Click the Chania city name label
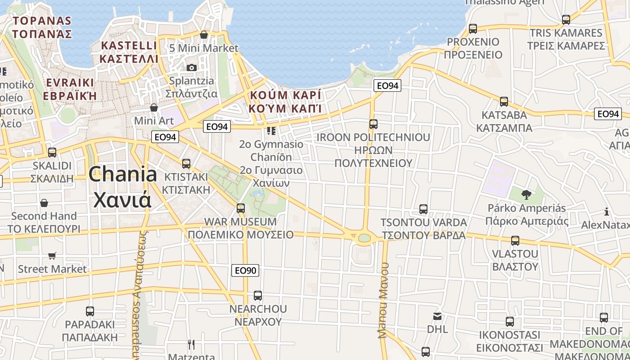pyautogui.click(x=122, y=187)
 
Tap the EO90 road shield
pyautogui.click(x=246, y=270)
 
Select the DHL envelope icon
pyautogui.click(x=437, y=316)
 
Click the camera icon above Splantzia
pyautogui.click(x=192, y=67)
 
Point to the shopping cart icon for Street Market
pyautogui.click(x=52, y=256)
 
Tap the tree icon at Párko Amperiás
pyautogui.click(x=526, y=195)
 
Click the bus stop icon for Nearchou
pyautogui.click(x=258, y=296)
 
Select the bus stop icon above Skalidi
pyautogui.click(x=52, y=153)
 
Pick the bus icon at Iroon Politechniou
pyautogui.click(x=373, y=124)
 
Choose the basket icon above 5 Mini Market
pyautogui.click(x=204, y=35)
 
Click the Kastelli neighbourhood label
pyautogui.click(x=129, y=52)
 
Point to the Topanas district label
pyautogui.click(x=42, y=27)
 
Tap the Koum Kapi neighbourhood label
pyautogui.click(x=285, y=102)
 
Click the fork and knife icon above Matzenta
pyautogui.click(x=192, y=345)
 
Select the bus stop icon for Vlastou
pyautogui.click(x=515, y=241)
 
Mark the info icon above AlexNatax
pyautogui.click(x=607, y=211)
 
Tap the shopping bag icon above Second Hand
pyautogui.click(x=44, y=203)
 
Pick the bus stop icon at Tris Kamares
pyautogui.click(x=566, y=20)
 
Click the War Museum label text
pyautogui.click(x=240, y=228)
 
